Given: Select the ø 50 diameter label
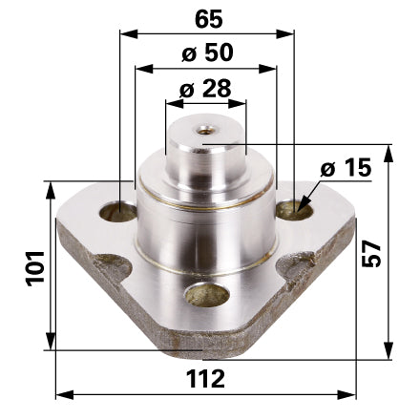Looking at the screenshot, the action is [207, 52].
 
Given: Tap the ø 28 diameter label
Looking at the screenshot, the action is [205, 88].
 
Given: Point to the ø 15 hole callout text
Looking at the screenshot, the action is [346, 167].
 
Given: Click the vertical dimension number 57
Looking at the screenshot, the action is [371, 253].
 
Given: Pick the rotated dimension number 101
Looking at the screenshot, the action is [35, 268].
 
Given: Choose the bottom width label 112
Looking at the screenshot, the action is [205, 379].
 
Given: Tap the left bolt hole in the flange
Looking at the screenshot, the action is [118, 212].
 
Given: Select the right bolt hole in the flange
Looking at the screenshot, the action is [293, 210].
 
